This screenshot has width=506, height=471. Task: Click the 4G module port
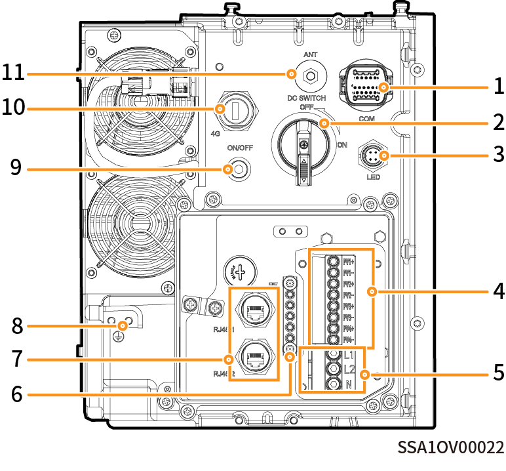pos(238,110)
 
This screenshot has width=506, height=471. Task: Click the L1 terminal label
pos(349,356)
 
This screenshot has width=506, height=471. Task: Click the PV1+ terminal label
pos(349,262)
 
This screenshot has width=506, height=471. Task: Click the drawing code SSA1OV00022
pos(452,447)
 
